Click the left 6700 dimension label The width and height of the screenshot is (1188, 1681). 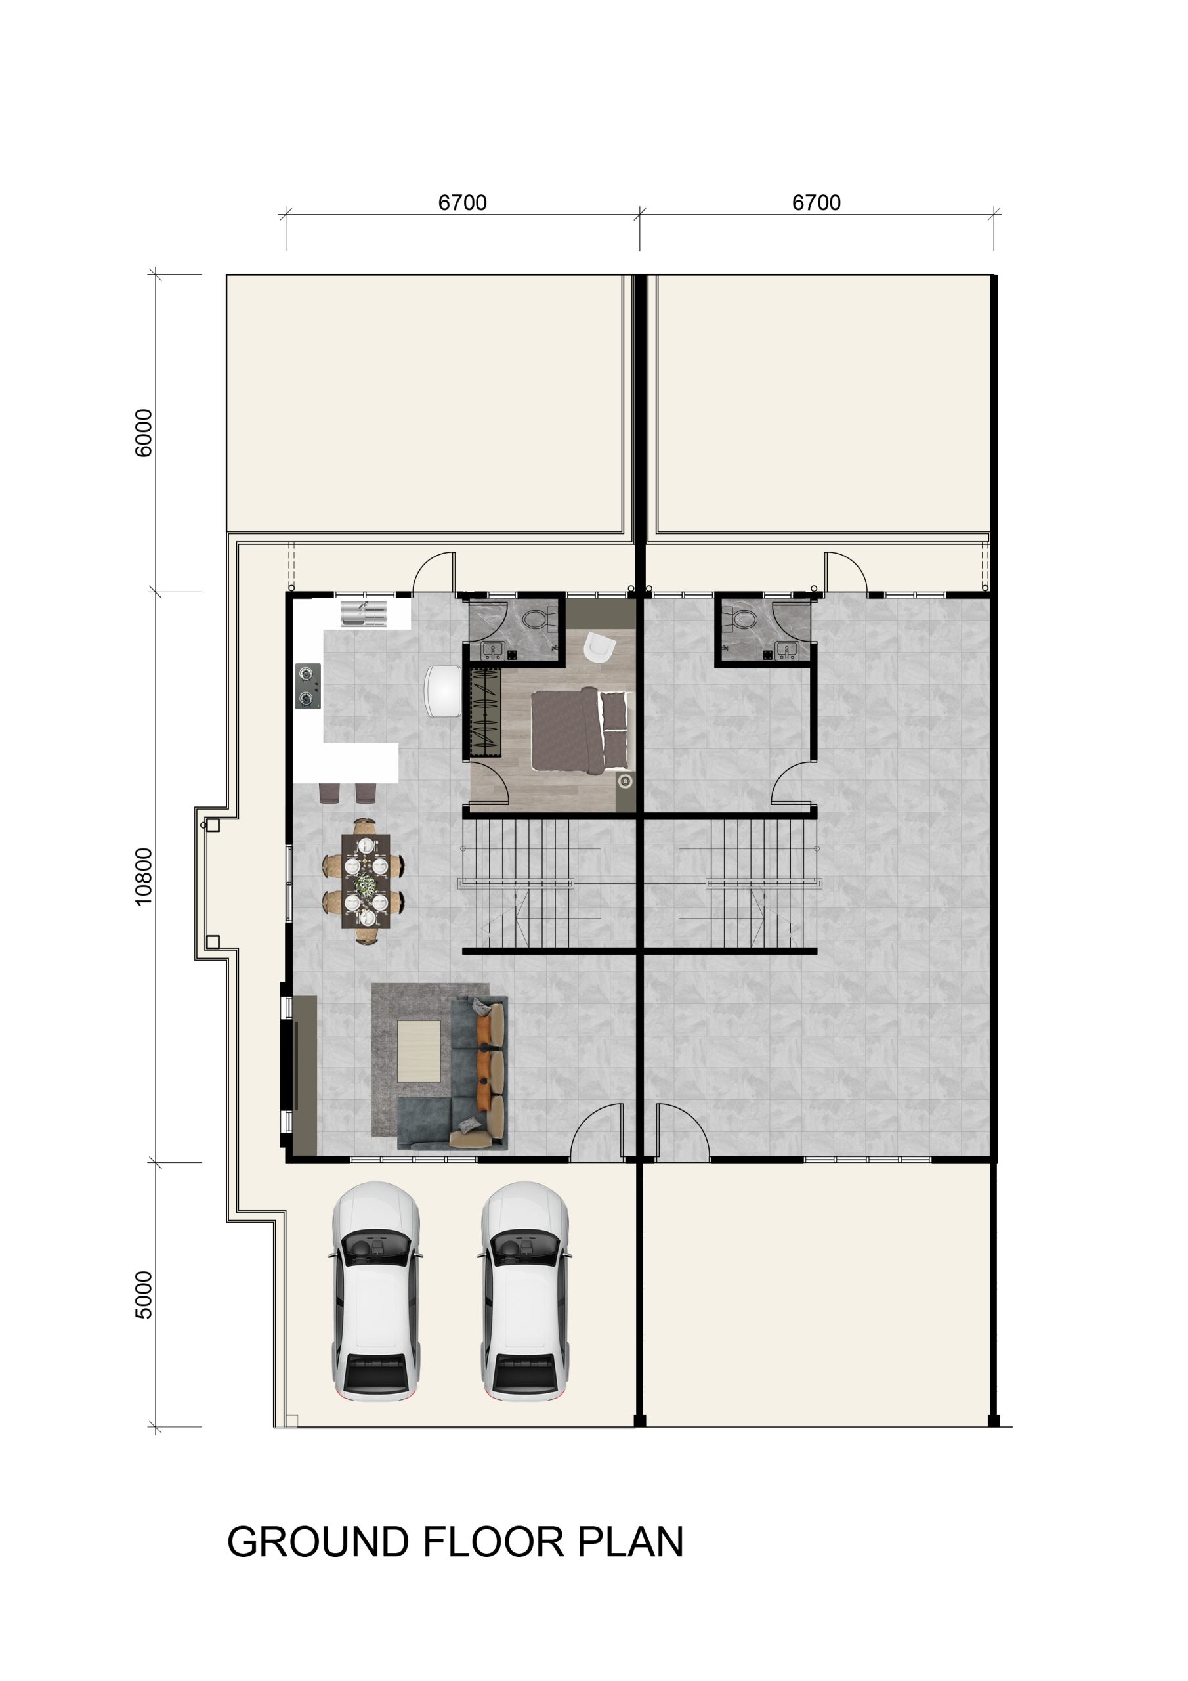[x=462, y=203]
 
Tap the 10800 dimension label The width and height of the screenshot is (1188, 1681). [x=144, y=877]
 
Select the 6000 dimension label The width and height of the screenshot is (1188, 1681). [x=144, y=433]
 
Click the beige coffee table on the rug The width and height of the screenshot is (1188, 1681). [x=419, y=1051]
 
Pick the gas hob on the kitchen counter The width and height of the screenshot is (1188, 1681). [x=308, y=686]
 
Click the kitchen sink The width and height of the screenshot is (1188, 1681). [x=363, y=613]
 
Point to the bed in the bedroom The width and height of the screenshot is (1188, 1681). [x=580, y=731]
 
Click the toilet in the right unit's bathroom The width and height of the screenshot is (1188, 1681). [x=741, y=619]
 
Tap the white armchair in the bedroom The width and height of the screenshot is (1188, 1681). [x=600, y=647]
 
